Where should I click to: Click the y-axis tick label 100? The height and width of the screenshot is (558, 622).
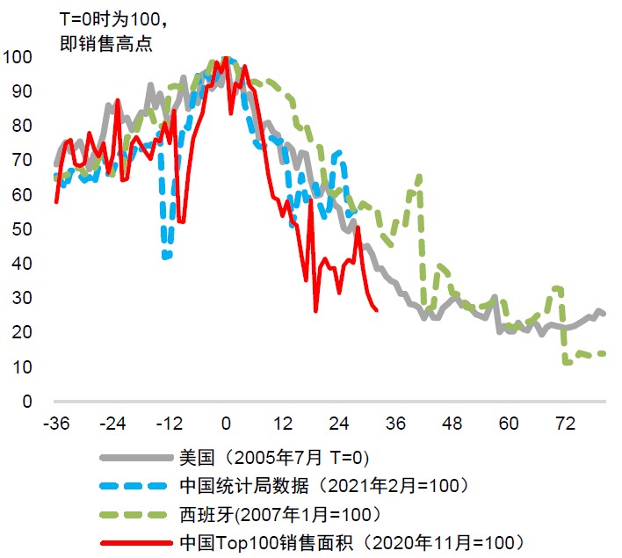coord(18,58)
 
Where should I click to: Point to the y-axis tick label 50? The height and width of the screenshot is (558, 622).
coord(21,229)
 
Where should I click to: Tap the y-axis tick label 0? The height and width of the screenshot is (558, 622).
coord(25,402)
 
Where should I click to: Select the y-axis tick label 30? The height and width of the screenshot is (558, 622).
coord(21,298)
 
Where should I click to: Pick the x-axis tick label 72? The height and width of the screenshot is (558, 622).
coord(564,424)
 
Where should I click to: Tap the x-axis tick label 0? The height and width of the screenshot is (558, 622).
coord(226,424)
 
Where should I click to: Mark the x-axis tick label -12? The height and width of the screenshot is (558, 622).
coord(169,424)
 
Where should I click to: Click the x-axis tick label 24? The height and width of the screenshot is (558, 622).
coord(338,424)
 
